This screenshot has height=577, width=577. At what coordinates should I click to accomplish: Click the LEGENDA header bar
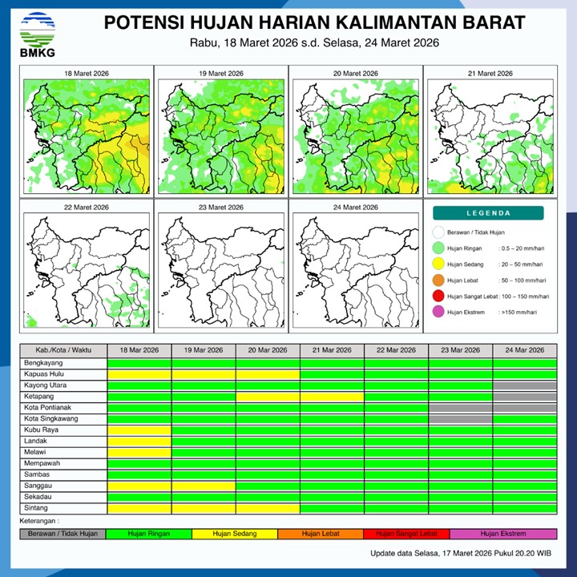click(488, 213)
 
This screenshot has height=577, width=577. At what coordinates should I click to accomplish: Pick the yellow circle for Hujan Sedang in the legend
click(438, 264)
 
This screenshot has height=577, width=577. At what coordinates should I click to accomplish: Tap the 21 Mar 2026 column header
click(332, 351)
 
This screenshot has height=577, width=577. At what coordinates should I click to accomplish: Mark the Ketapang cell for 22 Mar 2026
click(396, 397)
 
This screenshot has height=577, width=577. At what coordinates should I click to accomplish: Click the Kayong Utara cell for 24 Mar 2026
click(525, 385)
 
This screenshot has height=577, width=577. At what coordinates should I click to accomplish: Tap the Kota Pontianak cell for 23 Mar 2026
click(460, 408)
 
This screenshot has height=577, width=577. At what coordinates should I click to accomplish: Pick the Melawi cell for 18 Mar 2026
click(139, 452)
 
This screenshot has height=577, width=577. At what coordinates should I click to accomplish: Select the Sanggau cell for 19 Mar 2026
click(204, 486)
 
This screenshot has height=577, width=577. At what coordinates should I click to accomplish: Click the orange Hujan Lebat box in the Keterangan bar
click(321, 534)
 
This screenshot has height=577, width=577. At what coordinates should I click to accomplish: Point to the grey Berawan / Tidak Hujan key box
click(63, 534)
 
